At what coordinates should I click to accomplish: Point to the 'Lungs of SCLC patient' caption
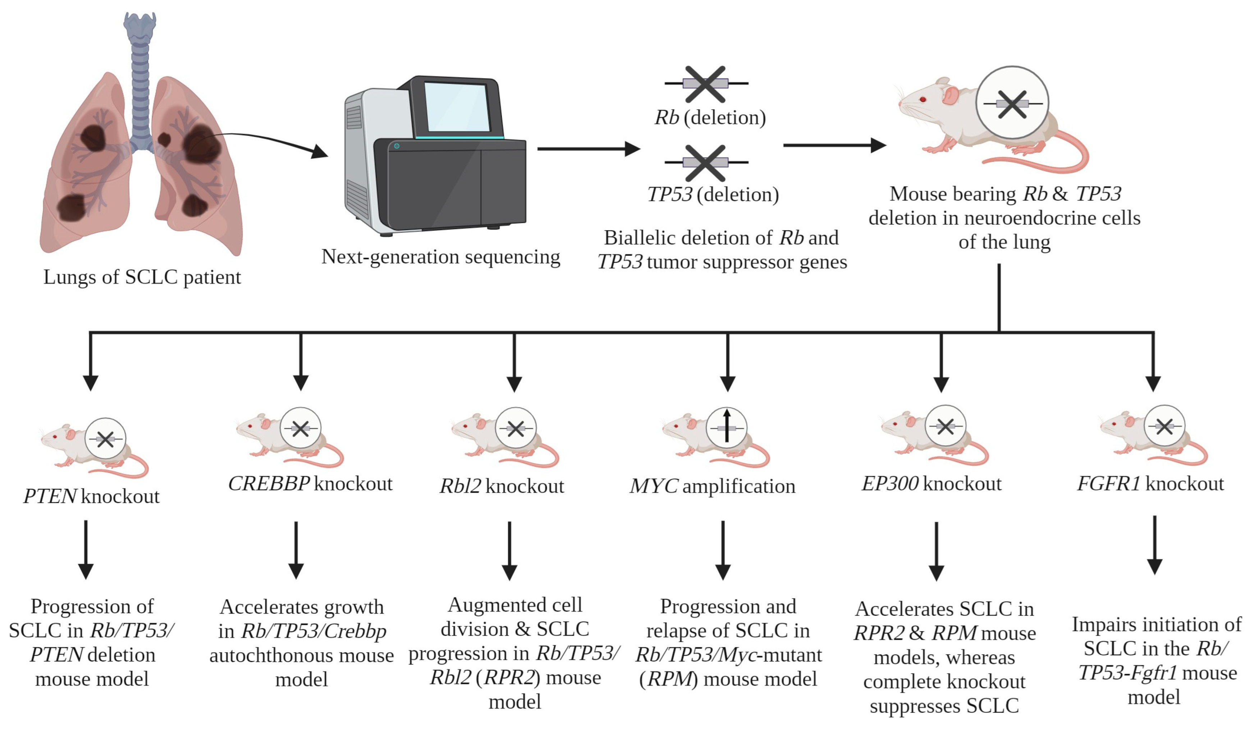point(142,277)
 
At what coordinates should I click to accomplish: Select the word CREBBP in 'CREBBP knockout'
point(269,484)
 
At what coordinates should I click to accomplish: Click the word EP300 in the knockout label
point(890,484)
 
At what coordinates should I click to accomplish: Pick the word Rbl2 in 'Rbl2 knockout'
point(460,486)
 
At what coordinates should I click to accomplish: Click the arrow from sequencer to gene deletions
point(588,149)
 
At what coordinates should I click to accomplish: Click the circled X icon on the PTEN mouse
point(105,439)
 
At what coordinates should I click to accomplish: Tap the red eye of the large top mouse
point(922,99)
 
